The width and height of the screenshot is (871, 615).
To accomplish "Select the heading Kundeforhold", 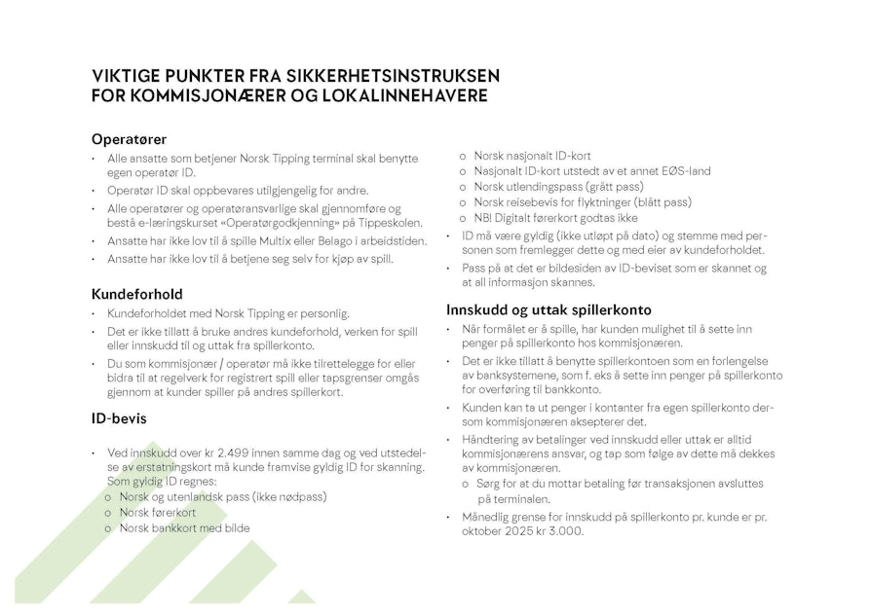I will (x=137, y=293).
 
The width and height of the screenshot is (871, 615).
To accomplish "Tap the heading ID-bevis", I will (x=121, y=419).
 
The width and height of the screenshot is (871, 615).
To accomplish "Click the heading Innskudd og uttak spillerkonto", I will (x=549, y=309).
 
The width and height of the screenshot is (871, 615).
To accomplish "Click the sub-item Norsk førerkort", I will (x=158, y=512).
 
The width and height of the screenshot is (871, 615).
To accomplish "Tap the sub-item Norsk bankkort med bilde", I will (x=184, y=527).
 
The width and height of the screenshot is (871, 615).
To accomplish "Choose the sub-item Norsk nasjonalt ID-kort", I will (x=532, y=156).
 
